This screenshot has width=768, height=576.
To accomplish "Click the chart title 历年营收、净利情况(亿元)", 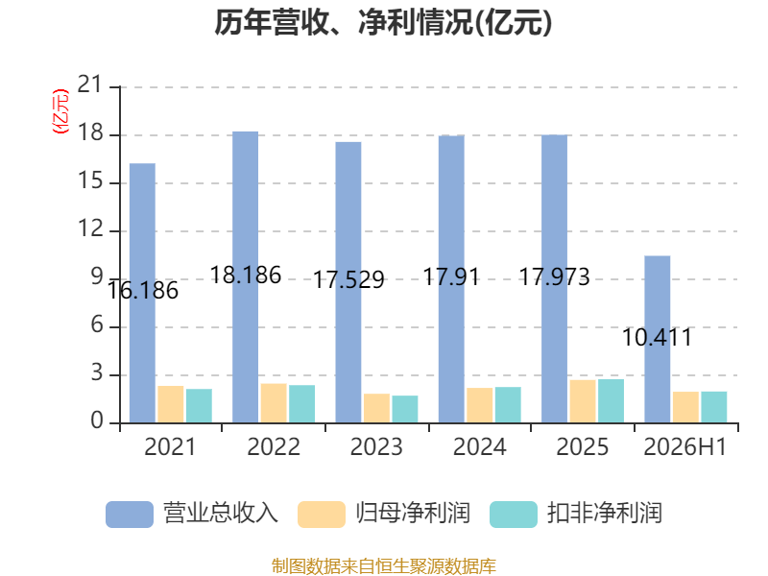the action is (x=383, y=22).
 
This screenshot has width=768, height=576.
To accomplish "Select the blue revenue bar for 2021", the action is (x=142, y=293).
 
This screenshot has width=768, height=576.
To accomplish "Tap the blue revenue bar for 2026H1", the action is (x=658, y=340).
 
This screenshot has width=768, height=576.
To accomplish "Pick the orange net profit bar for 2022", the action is (x=274, y=403).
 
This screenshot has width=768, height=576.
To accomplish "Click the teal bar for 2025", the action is (x=612, y=400).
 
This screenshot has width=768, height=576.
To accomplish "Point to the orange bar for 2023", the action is (x=376, y=408).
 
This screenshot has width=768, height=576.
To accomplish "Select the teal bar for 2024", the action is (x=508, y=404).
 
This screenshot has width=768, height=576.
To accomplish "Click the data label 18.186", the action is (x=246, y=276).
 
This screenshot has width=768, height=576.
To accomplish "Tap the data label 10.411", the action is (x=658, y=338).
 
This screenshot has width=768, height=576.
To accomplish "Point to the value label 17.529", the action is (x=348, y=280).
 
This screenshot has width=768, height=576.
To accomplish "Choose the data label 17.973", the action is (x=555, y=277).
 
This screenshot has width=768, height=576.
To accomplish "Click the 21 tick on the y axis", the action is (x=90, y=85).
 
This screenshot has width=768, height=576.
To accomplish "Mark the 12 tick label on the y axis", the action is (x=90, y=229).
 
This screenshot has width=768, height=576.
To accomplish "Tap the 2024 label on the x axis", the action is (x=479, y=446).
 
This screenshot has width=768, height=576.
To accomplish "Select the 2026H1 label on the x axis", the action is (x=685, y=446).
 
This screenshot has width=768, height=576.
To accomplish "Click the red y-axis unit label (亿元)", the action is (x=60, y=111).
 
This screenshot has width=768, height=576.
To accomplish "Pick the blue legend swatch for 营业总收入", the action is (x=130, y=515).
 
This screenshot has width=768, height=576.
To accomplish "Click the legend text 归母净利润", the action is (x=413, y=514).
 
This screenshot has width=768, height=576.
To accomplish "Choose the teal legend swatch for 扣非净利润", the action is (x=514, y=515).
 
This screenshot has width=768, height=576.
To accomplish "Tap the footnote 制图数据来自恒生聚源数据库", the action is (x=383, y=566).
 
